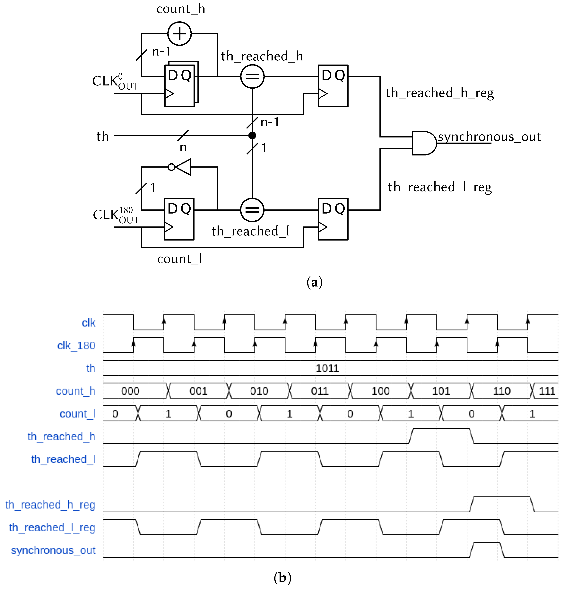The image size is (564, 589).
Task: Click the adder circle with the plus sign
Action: (179, 34)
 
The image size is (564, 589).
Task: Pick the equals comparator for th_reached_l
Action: (252, 210)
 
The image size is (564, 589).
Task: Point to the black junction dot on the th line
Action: (252, 136)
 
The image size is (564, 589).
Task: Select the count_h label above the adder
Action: (181, 9)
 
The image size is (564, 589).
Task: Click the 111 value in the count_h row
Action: (547, 391)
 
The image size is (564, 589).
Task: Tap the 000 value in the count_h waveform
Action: (130, 391)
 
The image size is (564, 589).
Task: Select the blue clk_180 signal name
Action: (76, 346)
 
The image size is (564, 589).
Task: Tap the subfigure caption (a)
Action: (314, 282)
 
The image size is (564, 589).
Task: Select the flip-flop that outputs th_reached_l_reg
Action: (333, 219)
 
